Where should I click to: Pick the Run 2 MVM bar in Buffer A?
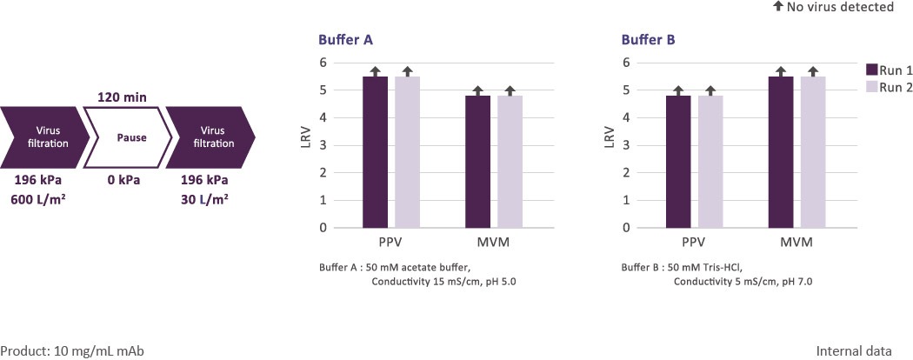(x=510, y=162)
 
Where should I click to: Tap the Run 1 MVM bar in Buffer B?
(x=780, y=152)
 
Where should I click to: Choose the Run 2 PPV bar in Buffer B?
(x=710, y=162)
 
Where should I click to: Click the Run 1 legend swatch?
(x=873, y=70)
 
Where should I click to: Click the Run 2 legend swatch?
(x=873, y=87)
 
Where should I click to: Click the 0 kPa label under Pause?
(x=123, y=181)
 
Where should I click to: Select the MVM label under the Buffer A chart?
(x=493, y=242)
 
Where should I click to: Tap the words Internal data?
(x=854, y=351)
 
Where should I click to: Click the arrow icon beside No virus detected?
(x=778, y=7)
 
